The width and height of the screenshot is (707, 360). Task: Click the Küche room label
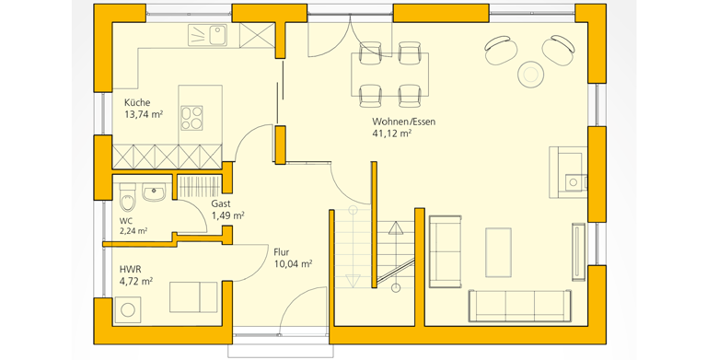point(137,102)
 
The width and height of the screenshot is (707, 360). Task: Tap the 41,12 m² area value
point(391,134)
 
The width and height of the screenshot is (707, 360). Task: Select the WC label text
point(126,221)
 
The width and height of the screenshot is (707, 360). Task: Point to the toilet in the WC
point(128,198)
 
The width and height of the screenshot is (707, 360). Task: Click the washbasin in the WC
point(155,192)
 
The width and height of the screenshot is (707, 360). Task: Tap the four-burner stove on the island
point(191,118)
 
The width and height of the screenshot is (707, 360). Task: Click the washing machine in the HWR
point(128,309)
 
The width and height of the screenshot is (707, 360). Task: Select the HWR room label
point(131,270)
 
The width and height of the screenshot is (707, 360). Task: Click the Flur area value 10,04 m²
point(294,264)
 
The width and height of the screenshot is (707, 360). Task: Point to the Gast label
point(221,203)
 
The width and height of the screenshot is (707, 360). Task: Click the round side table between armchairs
point(531,74)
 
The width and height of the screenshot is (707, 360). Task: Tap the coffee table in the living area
point(498,252)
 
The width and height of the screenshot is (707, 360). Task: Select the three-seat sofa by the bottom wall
point(516,306)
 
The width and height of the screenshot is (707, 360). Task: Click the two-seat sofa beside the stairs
point(445,251)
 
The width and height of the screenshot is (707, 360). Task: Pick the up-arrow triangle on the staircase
point(396,228)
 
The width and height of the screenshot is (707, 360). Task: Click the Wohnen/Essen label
point(404,122)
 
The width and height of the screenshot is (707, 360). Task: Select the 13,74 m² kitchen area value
point(144,114)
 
